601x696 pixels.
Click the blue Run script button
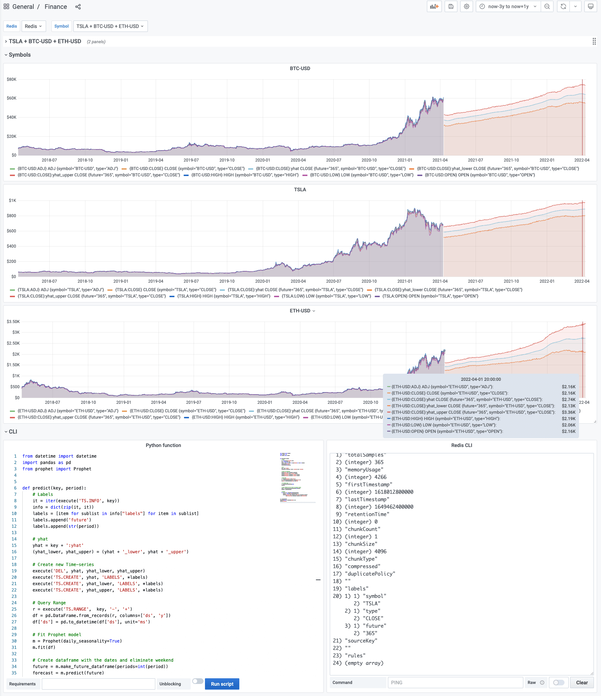(222, 684)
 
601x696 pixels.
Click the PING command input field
(455, 683)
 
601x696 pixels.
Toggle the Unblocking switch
(197, 681)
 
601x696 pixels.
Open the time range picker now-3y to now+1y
(508, 6)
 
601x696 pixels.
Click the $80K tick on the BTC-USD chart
(12, 79)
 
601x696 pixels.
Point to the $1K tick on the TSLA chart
(12, 200)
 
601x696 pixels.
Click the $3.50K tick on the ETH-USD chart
(13, 322)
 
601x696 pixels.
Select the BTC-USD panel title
(300, 68)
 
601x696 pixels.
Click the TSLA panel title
(300, 189)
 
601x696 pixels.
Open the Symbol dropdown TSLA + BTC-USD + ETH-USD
(110, 26)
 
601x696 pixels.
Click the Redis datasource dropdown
(33, 26)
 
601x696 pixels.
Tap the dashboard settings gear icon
(467, 6)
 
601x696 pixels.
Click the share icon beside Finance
(78, 7)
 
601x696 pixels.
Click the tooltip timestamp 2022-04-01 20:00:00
(481, 379)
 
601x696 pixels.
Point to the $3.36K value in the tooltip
(568, 412)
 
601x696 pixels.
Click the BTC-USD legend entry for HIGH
(245, 175)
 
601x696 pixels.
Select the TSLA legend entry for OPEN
(430, 296)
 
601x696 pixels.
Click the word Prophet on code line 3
(82, 469)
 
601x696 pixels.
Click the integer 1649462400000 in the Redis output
(394, 507)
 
